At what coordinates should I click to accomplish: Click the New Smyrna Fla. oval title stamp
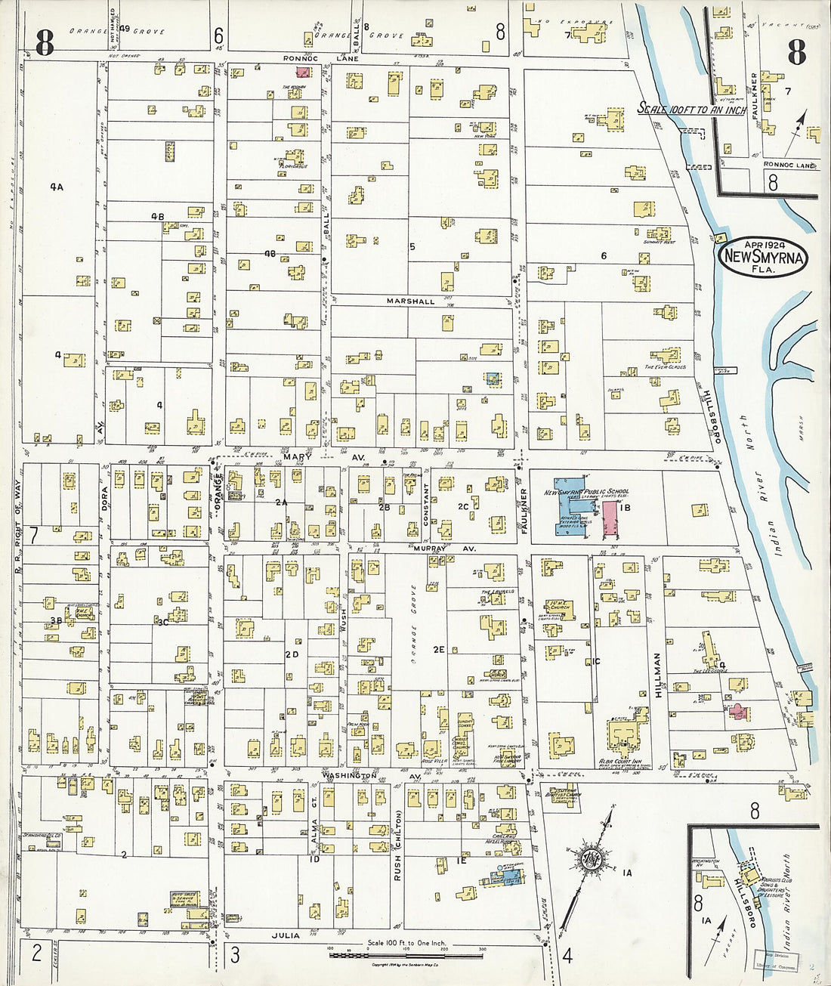(x=763, y=257)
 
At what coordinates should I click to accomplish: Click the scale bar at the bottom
(x=406, y=955)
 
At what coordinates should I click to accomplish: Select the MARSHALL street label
(x=410, y=301)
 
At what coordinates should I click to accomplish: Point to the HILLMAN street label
(x=657, y=675)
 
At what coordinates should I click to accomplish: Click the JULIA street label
(x=285, y=935)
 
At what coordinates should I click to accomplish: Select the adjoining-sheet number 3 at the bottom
(x=235, y=954)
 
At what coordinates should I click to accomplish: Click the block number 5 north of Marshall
(x=412, y=246)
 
